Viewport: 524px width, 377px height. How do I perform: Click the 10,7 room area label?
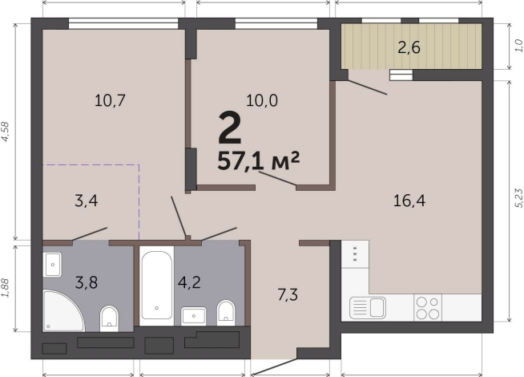coord(110,100)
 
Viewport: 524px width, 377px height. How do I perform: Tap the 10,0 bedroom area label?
coord(262,100)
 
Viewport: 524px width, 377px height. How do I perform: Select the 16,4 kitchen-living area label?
coord(409,201)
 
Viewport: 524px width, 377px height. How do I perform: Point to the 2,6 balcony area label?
coord(409,48)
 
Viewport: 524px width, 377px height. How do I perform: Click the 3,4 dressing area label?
coord(87,201)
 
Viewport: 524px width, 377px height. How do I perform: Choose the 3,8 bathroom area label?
coord(87,282)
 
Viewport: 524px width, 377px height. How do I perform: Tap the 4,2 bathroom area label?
coord(189,282)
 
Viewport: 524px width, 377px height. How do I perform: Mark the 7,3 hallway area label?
coord(288,295)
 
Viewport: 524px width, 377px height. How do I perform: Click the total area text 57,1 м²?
coord(258,160)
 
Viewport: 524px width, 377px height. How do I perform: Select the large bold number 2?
coord(230,128)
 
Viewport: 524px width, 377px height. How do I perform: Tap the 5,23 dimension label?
coord(518,197)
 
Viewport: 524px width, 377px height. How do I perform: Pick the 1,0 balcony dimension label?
coord(518,46)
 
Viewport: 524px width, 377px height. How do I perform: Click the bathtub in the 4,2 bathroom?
coord(157,286)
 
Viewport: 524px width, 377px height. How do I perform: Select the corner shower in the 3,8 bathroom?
coord(63,311)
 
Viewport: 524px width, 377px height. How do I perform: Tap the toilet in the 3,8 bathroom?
coord(109,318)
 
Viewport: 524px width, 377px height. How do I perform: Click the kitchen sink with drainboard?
coord(367,308)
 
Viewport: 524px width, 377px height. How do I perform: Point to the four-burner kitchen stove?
coord(428,308)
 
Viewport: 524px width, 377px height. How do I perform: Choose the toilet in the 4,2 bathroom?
coord(226,313)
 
